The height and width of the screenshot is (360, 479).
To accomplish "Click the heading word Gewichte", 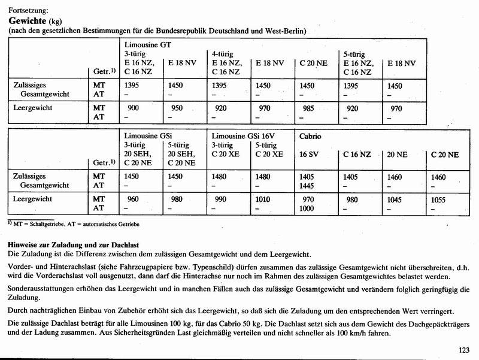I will tap(28, 21).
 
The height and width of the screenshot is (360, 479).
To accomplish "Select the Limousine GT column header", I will tap(149, 45).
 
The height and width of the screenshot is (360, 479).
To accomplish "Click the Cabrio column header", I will tap(311, 136).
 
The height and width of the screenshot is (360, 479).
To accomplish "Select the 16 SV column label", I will tap(309, 154).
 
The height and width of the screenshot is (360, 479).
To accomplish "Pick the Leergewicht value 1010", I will tap(263, 199).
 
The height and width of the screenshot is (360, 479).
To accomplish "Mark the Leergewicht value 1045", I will tap(396, 199).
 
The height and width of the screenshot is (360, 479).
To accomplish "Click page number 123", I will tap(463, 350).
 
